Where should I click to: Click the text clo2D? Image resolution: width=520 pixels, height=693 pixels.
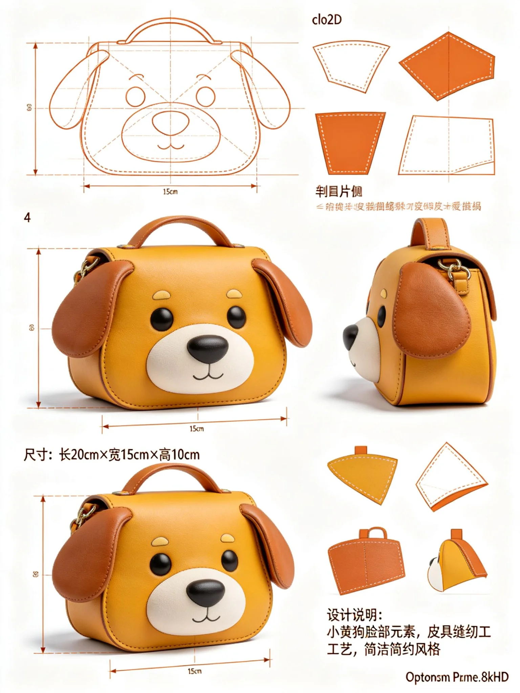point(327,20)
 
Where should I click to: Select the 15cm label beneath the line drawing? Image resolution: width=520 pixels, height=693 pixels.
point(170,192)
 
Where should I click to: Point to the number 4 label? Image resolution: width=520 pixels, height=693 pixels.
point(27,218)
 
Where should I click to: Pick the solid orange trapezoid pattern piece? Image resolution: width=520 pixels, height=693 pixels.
point(350,142)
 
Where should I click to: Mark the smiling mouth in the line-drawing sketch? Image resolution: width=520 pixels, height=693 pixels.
point(171,147)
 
